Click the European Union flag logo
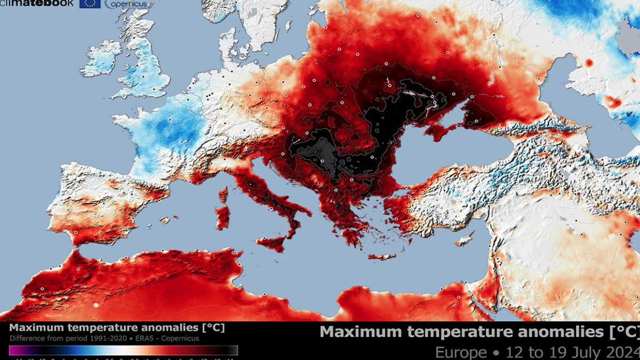(90, 4)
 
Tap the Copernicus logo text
(123, 4)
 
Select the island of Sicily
(272, 243)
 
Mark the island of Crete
(382, 257)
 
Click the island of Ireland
(101, 59)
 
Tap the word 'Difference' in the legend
(25, 339)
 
